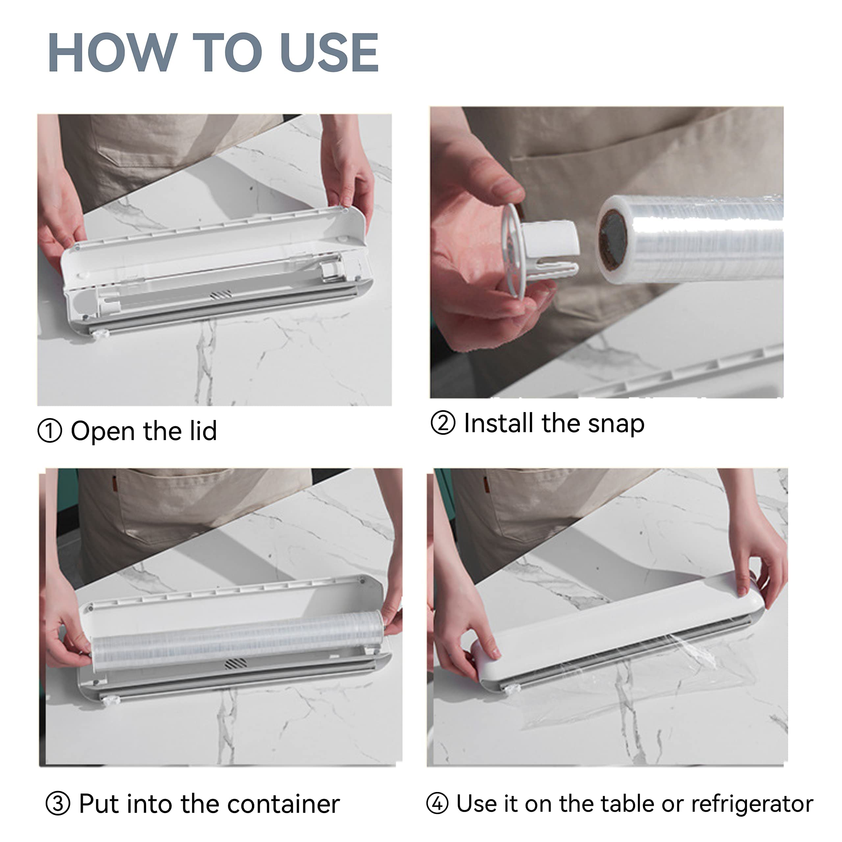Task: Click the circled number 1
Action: click(x=50, y=431)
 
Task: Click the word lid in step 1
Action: click(x=203, y=431)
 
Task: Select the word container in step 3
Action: click(x=283, y=804)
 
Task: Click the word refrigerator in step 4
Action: click(x=752, y=805)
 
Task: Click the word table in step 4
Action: click(x=627, y=803)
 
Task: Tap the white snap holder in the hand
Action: click(x=540, y=251)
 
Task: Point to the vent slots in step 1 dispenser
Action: click(x=221, y=295)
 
